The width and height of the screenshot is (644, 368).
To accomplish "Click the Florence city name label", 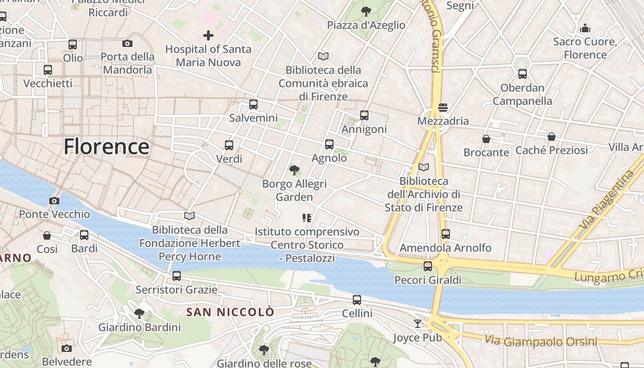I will click(x=106, y=147).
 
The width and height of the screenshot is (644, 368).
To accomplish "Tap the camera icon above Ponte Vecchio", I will click(x=54, y=201).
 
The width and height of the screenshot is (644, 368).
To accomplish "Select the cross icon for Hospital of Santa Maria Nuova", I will click(x=208, y=35).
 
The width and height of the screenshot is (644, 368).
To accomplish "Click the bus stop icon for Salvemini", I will click(x=253, y=104).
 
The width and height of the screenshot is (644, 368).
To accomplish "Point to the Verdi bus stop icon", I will click(x=229, y=145).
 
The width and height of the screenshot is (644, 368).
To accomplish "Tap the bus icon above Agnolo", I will click(x=329, y=144).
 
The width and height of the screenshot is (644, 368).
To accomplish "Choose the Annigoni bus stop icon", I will click(x=364, y=115).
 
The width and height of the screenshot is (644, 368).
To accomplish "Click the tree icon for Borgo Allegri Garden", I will click(x=294, y=170).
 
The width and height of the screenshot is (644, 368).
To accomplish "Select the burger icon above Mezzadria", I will click(x=443, y=108).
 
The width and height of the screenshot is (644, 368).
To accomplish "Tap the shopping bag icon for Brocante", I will click(x=486, y=138).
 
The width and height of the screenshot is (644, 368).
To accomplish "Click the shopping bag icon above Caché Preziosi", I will click(x=551, y=137).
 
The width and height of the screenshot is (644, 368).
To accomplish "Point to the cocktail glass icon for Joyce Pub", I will click(x=417, y=324).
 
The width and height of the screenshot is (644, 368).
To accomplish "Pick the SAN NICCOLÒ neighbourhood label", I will click(x=230, y=312).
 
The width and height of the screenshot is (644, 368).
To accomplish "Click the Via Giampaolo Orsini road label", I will click(x=540, y=341).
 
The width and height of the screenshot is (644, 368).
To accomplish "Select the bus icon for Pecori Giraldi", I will click(x=428, y=266).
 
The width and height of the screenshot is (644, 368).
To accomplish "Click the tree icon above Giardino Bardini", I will click(x=139, y=314).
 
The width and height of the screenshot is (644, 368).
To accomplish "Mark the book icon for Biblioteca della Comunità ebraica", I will click(x=323, y=57).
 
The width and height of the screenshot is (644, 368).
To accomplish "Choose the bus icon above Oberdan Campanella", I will click(x=522, y=74).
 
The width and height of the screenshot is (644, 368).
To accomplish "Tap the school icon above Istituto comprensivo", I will click(x=307, y=218).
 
